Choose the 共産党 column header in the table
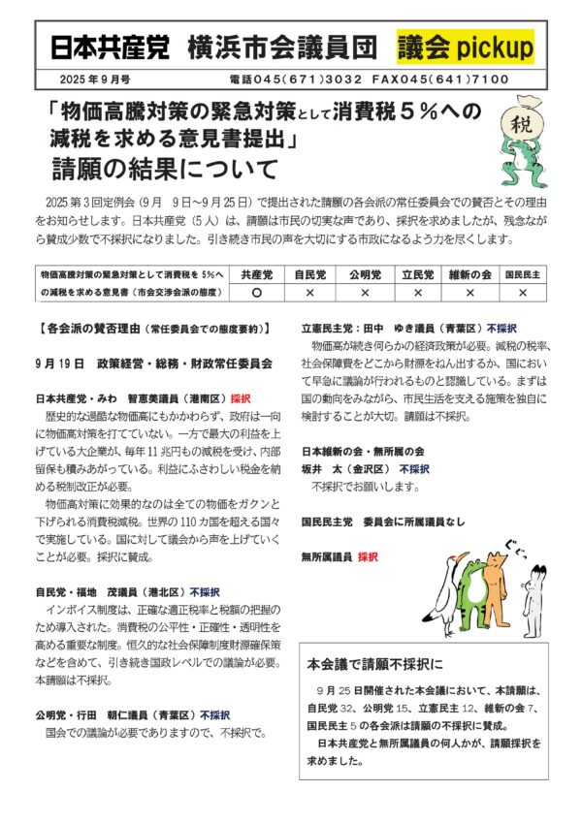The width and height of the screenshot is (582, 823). click(257, 274)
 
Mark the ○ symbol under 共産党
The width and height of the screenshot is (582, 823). click(257, 292)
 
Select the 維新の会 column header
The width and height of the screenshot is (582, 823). click(469, 274)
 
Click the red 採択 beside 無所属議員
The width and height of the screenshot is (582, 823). click(368, 557)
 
